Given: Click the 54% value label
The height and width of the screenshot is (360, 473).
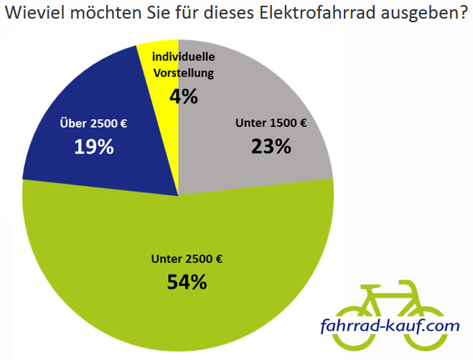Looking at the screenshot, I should [x=187, y=282].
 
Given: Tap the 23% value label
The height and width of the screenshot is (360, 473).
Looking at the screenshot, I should [x=271, y=146].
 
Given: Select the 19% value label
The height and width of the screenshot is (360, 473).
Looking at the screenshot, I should [x=94, y=147].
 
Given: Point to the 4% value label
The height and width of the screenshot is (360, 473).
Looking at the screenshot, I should [x=184, y=96].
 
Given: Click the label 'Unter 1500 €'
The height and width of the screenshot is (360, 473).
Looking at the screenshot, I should [x=271, y=123].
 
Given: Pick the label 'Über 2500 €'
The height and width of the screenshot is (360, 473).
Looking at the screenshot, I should [x=94, y=123].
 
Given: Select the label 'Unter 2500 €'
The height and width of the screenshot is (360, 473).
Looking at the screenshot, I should [x=187, y=258].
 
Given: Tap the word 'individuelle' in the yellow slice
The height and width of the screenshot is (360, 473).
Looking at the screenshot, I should [x=184, y=57].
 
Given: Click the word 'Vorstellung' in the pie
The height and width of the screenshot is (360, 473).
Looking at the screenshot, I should [x=184, y=72].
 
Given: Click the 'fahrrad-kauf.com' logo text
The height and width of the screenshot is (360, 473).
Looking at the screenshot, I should [x=390, y=327].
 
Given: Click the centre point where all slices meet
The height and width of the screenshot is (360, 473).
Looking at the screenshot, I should [x=178, y=195].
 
